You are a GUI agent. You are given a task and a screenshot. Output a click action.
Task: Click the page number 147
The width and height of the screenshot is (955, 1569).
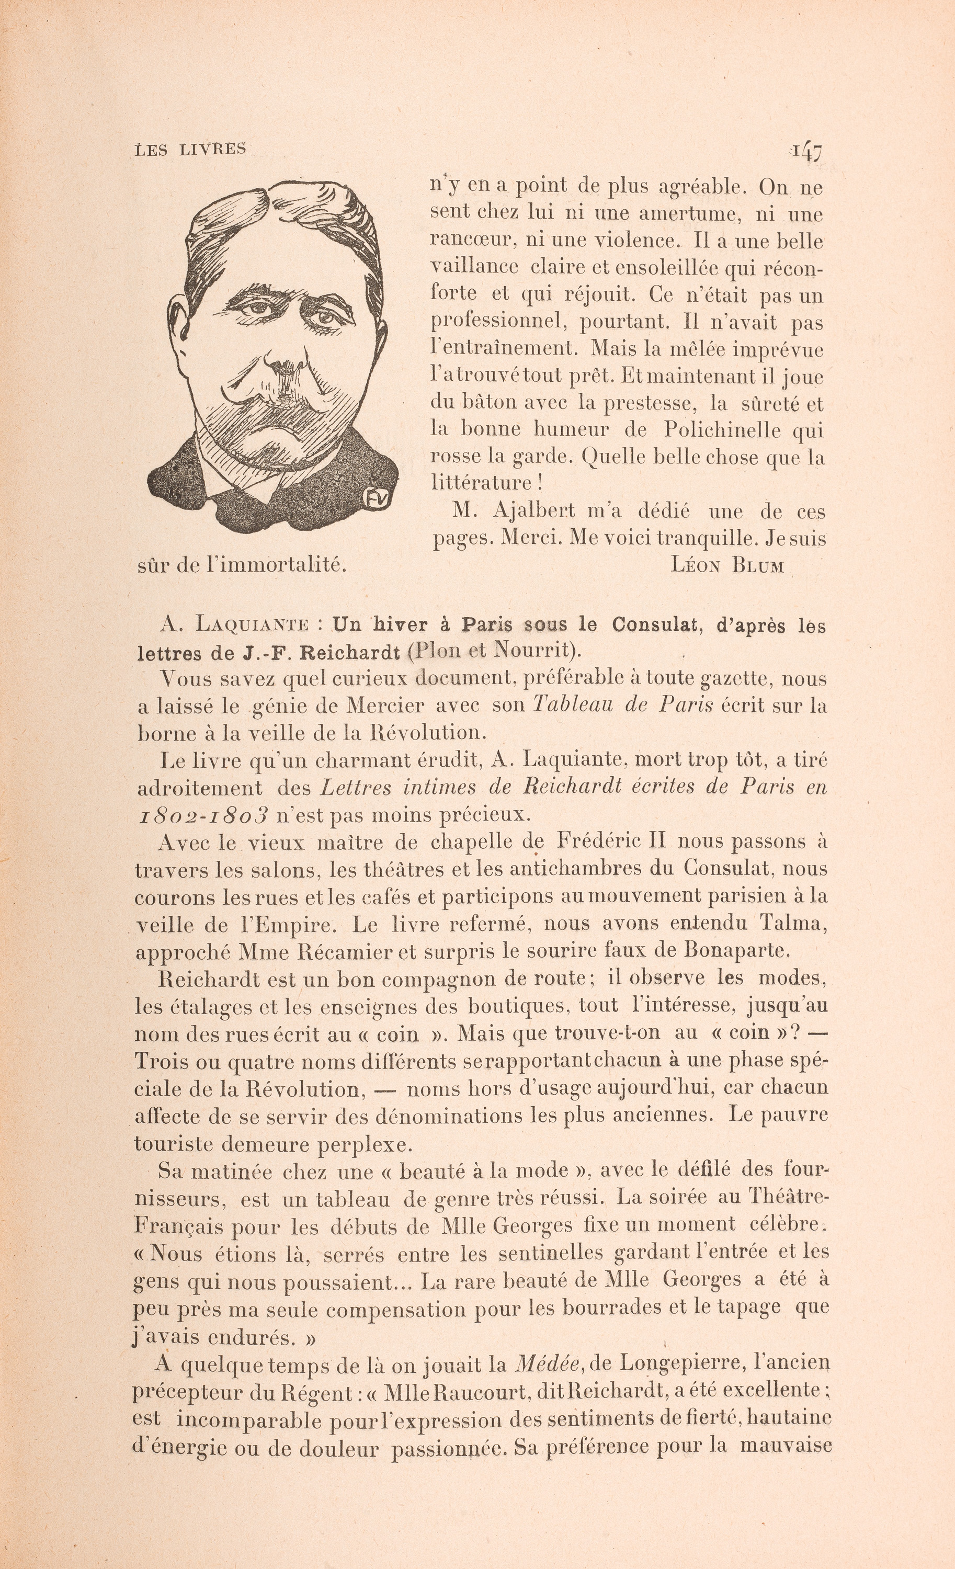point(805,152)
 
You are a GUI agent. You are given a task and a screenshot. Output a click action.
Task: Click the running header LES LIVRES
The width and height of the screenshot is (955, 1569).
point(191,149)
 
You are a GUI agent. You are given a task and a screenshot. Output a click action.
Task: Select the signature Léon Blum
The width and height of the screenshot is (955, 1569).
point(727,565)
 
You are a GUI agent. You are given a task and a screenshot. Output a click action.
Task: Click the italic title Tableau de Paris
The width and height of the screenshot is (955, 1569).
point(622,705)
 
